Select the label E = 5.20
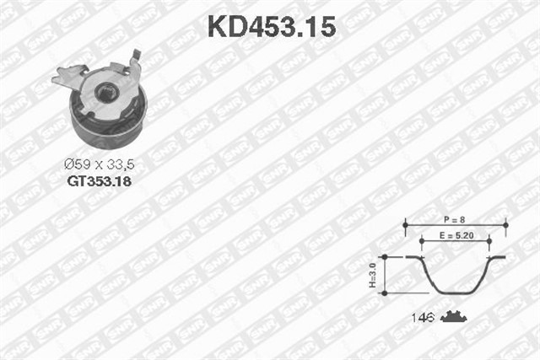[x=456, y=238]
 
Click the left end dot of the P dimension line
[x=406, y=225]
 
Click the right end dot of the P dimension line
[x=505, y=225]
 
